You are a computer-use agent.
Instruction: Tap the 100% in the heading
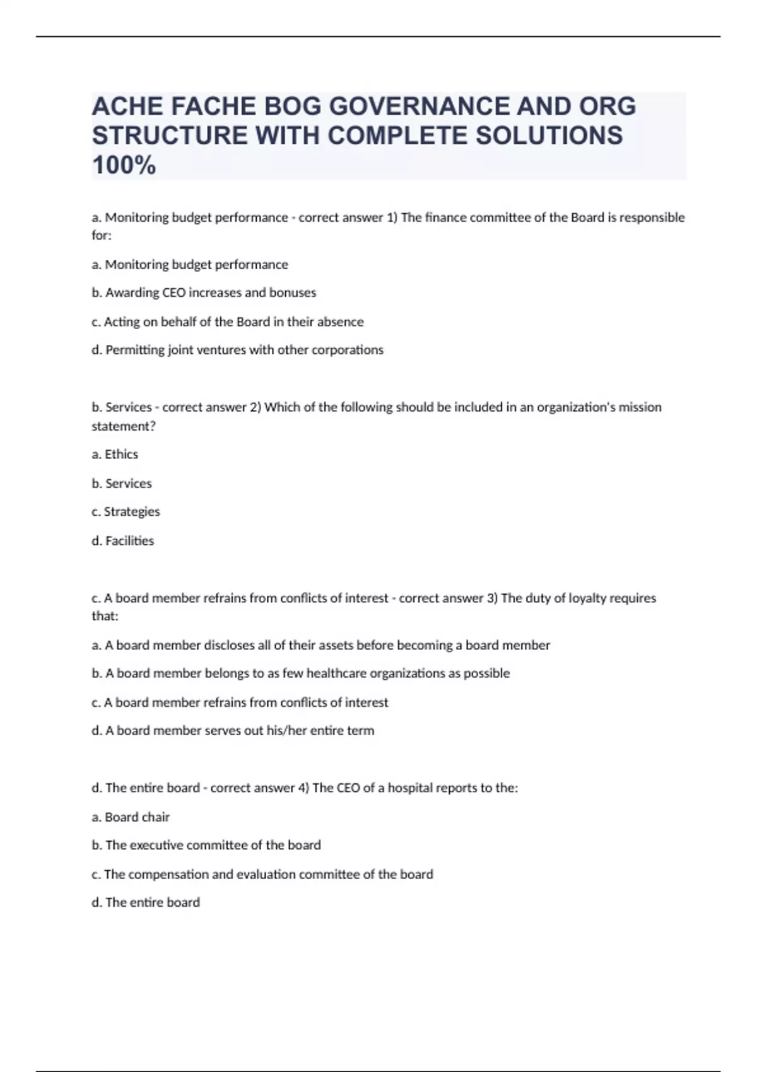[x=124, y=166]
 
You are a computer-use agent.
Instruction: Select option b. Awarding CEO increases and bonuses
[x=204, y=293]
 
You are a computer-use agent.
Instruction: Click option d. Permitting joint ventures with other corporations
[x=237, y=350]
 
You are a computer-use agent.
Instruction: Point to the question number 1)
[x=392, y=218]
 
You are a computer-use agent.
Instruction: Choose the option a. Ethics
[x=115, y=455]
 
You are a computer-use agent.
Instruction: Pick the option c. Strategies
[x=126, y=511]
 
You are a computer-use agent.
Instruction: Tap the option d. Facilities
[x=123, y=540]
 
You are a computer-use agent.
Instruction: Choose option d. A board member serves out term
[x=233, y=730]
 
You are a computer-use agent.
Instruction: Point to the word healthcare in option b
[x=336, y=673]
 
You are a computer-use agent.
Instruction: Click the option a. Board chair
[x=131, y=817]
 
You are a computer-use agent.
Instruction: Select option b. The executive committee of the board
[x=206, y=845]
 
